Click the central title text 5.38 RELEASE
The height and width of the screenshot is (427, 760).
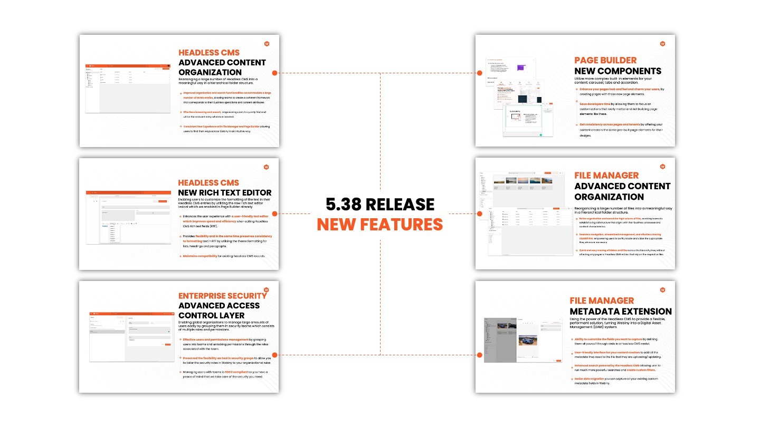pos(380,205)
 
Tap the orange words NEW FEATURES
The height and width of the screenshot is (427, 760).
pos(380,225)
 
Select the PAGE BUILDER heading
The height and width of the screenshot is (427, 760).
pos(605,61)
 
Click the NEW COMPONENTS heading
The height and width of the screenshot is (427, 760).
pos(617,71)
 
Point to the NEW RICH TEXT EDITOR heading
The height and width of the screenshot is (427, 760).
pos(225,192)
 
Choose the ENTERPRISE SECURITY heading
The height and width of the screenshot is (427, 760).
pos(222,296)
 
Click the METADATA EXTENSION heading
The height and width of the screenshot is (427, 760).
pos(621,312)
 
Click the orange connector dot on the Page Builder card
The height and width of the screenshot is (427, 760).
pos(480,73)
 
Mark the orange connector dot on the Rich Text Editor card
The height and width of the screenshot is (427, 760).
pos(274,213)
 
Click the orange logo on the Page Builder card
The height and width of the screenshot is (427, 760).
pos(662,44)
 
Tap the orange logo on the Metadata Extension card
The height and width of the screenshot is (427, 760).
pos(662,289)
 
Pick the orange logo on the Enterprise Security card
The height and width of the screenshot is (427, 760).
pos(267,289)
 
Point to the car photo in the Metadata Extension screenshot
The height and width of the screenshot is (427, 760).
pos(528,342)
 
